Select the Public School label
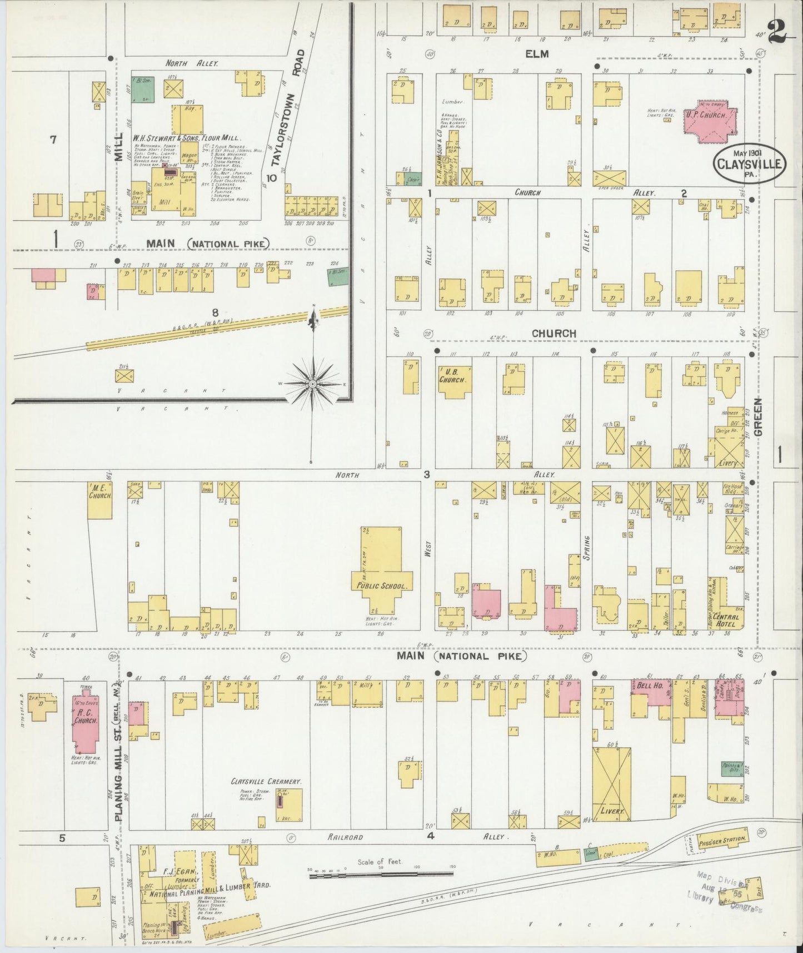381,586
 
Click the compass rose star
313,384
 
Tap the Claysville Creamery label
258,781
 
